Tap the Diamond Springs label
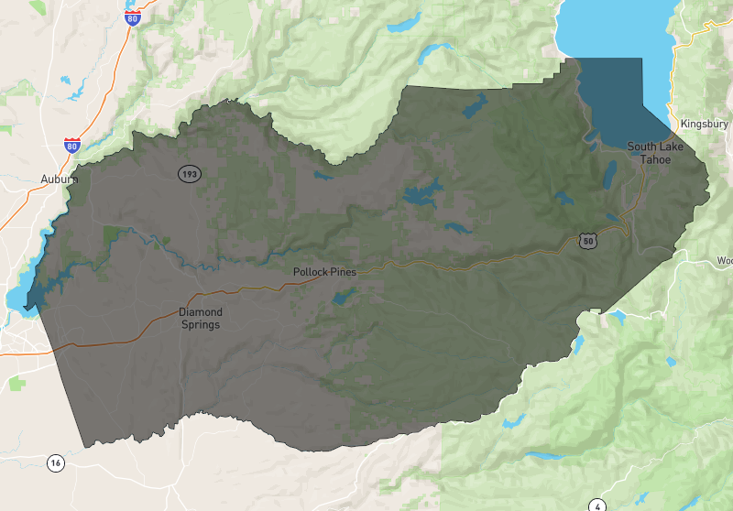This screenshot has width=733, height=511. click(201, 318)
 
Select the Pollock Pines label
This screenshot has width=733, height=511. click(324, 272)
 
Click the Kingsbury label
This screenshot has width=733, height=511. click(704, 124)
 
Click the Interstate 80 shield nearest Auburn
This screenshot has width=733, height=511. click(72, 146)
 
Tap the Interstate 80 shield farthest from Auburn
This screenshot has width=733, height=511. click(133, 18)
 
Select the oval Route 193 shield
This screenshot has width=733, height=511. click(190, 173)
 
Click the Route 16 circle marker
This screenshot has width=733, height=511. click(56, 463)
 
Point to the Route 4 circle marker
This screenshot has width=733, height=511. click(597, 505)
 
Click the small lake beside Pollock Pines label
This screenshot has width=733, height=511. click(345, 296)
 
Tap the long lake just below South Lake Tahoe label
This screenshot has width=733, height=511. click(610, 173)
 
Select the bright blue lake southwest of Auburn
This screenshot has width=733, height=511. click(16, 299)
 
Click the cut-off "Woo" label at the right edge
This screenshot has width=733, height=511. click(724, 260)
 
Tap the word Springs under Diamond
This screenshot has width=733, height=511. click(201, 324)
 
